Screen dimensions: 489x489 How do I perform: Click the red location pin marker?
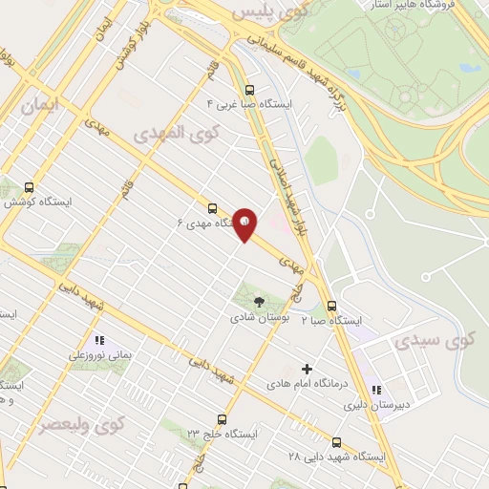coord(245,224)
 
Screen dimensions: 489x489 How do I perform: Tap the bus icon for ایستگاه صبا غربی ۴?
coord(250,84)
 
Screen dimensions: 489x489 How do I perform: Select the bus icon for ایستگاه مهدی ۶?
coord(212,207)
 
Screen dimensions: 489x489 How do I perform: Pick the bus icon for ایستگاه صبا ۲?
coord(331,306)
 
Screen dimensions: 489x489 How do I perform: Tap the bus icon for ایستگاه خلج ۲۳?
coord(222,418)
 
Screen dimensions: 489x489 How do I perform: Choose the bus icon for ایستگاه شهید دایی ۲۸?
coord(336,442)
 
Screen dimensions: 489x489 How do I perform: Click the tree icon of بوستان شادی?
coord(260,302)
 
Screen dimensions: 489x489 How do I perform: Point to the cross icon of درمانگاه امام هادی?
coord(307,369)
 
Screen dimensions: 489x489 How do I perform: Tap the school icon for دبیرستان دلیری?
coord(376,390)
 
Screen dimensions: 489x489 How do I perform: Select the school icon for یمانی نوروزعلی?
coord(98,340)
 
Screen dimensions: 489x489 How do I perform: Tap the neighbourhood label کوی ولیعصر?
coord(81,423)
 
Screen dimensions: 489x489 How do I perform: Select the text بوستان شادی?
coord(259,318)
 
